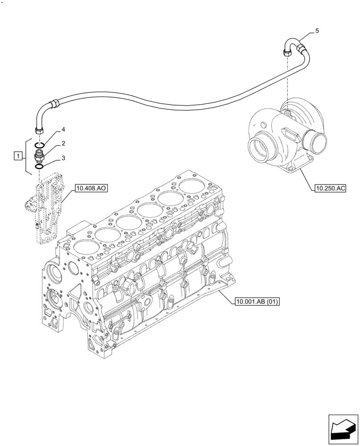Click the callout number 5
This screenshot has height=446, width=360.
317,31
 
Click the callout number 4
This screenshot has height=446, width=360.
63,130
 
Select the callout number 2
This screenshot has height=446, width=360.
63,143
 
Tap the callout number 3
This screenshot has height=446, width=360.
63,157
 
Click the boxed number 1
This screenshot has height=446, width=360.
17,156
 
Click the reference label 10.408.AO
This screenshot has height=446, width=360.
90,189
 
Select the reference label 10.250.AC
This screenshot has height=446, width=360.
330,189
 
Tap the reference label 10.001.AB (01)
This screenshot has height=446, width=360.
256,302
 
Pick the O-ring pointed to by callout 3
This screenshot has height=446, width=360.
39,166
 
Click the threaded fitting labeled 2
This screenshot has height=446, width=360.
39,155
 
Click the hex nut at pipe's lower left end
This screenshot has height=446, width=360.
38,129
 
